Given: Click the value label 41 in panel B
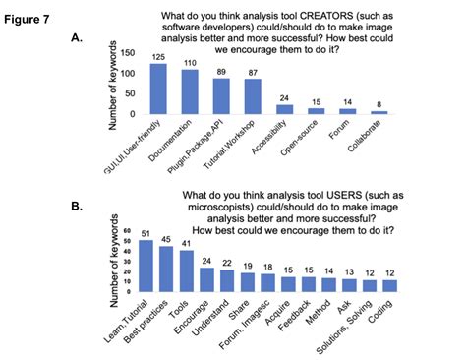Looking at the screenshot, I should point(186,243).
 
